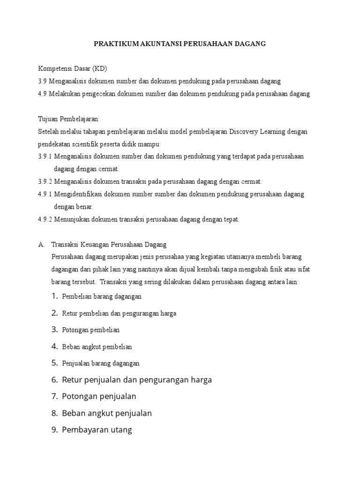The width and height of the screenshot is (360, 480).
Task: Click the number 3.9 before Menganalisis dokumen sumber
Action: [42, 81]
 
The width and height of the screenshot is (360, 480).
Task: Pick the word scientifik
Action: [85, 144]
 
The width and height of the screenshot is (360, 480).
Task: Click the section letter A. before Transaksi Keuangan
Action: [41, 244]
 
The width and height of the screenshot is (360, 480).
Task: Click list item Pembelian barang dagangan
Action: [102, 297]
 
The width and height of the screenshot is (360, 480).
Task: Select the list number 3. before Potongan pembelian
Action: [55, 330]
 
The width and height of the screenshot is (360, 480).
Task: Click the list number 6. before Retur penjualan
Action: [54, 380]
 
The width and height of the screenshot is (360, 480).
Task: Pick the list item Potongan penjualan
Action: [99, 397]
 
